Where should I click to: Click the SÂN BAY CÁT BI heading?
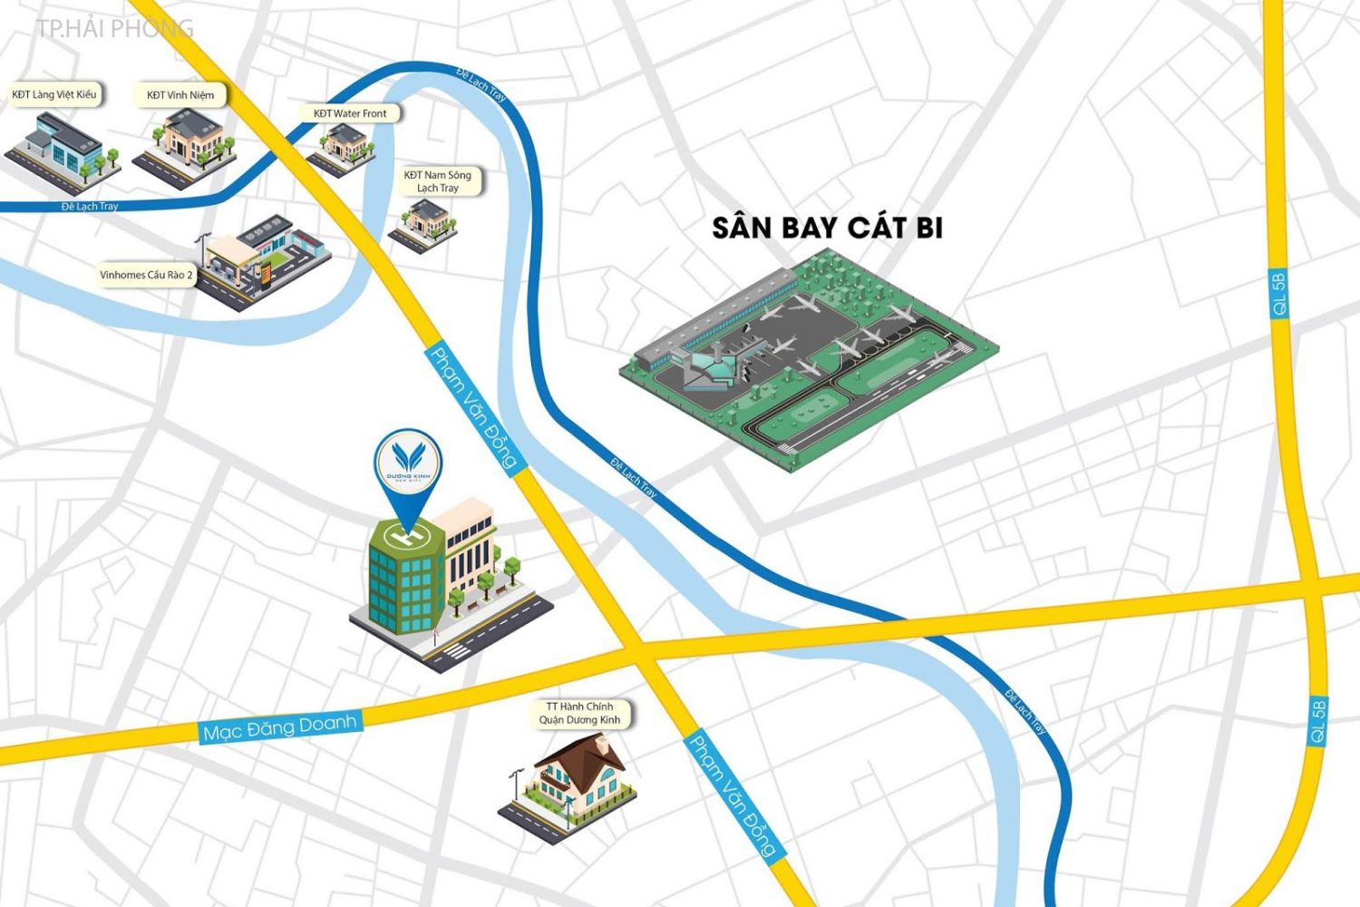[827, 228]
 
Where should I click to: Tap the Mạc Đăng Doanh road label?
[280, 727]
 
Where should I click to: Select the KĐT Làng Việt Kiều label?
[54, 94]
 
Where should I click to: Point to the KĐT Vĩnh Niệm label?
[180, 95]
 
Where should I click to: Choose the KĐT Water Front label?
[350, 113]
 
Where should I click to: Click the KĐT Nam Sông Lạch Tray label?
[438, 181]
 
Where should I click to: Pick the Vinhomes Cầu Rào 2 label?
[146, 275]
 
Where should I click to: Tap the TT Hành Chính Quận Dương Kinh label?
[579, 713]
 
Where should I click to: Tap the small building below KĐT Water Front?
[343, 145]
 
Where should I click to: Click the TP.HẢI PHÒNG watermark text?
[115, 28]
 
